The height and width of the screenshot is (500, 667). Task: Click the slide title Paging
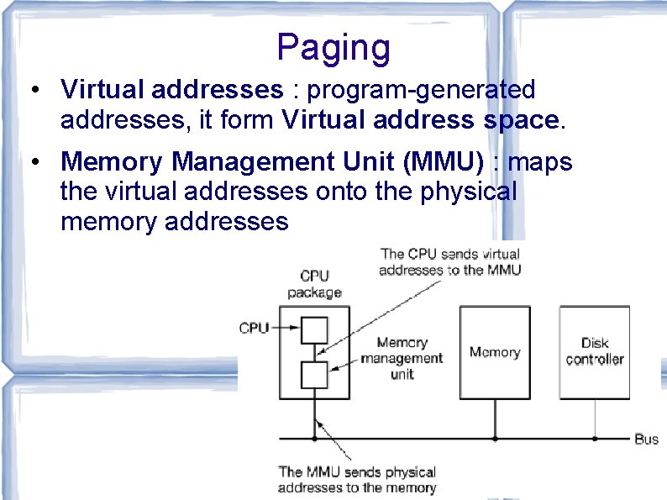pos(333,48)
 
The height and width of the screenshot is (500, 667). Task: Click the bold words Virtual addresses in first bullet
pos(172,89)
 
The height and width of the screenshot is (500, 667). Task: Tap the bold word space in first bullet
pos(521,120)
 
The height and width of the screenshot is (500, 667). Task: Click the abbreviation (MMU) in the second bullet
pos(438,161)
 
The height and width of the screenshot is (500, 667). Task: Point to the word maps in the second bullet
pos(542,161)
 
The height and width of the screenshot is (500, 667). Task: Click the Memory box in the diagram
pos(494,352)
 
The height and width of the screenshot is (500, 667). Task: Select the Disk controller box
pos(594,352)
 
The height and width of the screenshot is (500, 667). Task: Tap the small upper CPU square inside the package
pos(313,327)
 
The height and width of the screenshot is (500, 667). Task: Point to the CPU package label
pos(314,284)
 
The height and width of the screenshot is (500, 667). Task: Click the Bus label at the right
pos(646,439)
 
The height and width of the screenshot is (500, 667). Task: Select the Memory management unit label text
pos(402,358)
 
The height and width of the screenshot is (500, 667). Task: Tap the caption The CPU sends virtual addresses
pos(450,261)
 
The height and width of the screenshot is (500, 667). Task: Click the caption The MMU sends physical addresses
pos(357,480)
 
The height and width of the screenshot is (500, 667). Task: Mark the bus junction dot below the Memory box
pos(494,438)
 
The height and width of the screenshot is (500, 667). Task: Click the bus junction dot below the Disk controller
pos(594,438)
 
